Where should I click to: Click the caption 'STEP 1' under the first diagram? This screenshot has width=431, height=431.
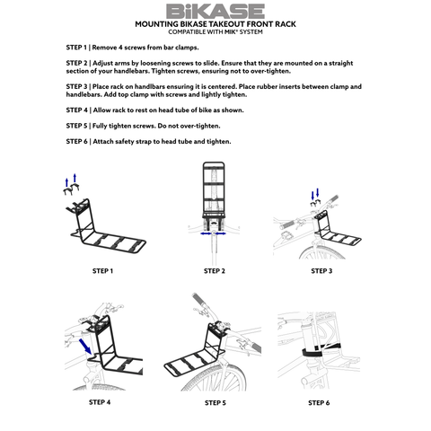tap(102, 270)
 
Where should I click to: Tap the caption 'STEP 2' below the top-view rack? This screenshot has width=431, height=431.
tap(214, 270)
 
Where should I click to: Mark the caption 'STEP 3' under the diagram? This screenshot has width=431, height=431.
tap(321, 270)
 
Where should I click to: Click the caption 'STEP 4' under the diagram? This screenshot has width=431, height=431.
tap(100, 402)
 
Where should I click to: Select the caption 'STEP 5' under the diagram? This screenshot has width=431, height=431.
tap(214, 402)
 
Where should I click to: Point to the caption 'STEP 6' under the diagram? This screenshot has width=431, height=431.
tap(318, 402)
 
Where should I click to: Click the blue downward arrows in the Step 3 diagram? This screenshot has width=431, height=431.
tap(315, 196)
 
